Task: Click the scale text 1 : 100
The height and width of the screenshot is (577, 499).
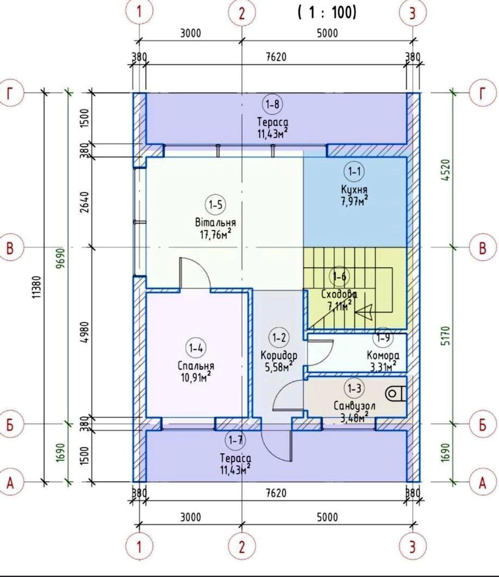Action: pyautogui.click(x=327, y=13)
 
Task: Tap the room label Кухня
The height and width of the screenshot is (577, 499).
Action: pyautogui.click(x=354, y=189)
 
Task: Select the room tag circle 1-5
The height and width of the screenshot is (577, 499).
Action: pyautogui.click(x=216, y=205)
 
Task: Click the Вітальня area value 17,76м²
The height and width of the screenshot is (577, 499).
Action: pyautogui.click(x=216, y=235)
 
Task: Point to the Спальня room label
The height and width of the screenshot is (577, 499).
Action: pyautogui.click(x=196, y=366)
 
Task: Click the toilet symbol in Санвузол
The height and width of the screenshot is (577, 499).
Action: pyautogui.click(x=396, y=394)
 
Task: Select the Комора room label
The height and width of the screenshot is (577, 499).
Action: pyautogui.click(x=383, y=356)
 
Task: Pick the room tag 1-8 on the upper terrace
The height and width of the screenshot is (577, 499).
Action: pyautogui.click(x=272, y=105)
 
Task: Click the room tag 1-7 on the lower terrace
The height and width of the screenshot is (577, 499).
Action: pyautogui.click(x=235, y=440)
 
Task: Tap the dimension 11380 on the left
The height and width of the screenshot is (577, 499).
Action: pyautogui.click(x=37, y=287)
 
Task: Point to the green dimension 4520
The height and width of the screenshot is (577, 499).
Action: pyautogui.click(x=447, y=170)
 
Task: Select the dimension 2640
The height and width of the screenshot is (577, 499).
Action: pyautogui.click(x=85, y=202)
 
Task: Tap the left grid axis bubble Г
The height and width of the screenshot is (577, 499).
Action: pyautogui.click(x=10, y=93)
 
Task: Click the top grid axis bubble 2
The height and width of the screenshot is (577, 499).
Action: pyautogui.click(x=242, y=13)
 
